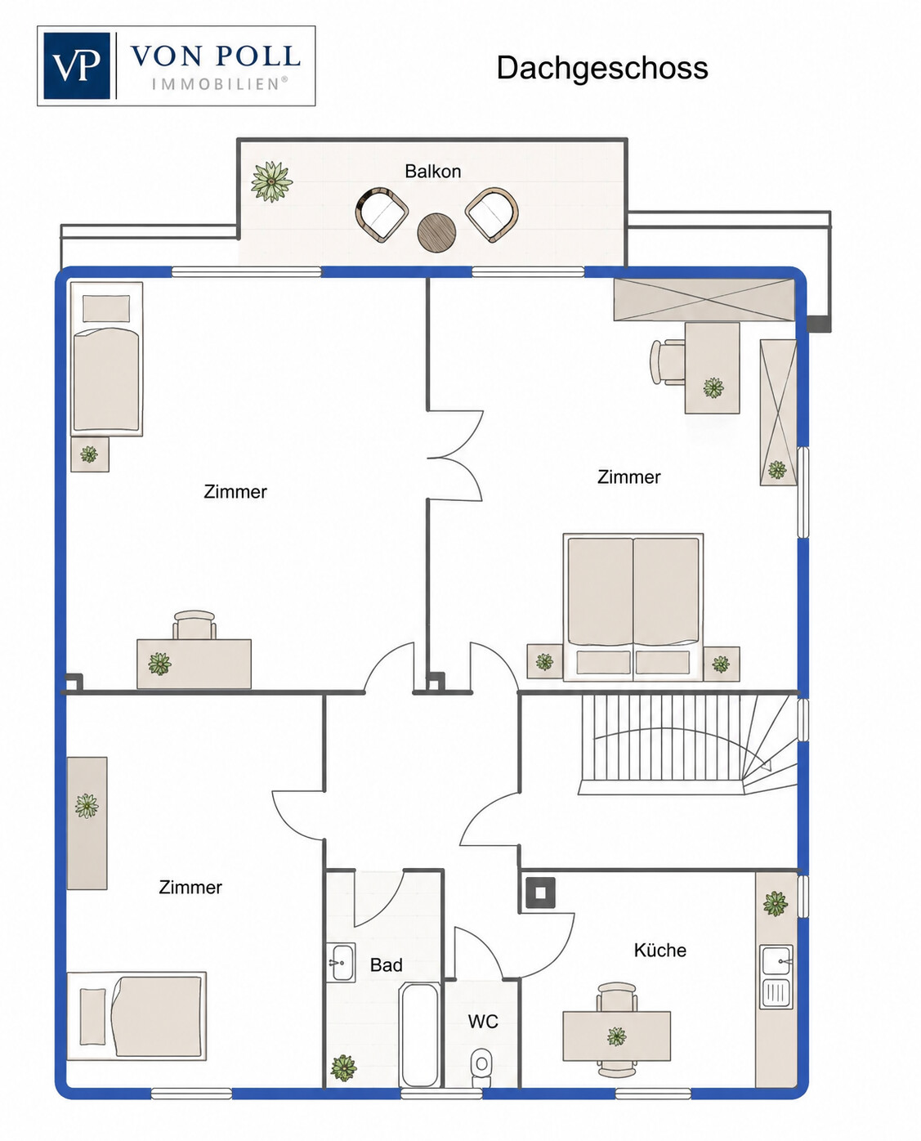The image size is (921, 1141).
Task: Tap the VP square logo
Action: coord(77,65)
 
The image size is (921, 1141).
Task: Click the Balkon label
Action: coord(432,172)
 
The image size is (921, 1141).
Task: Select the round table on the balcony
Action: coord(436,232)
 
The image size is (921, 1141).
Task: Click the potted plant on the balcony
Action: coord(271,181)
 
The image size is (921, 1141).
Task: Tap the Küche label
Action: coord(659,951)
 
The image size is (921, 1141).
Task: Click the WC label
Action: coord(483,1022)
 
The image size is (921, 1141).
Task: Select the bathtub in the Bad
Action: coord(420,1035)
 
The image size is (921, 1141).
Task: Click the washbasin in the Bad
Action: coord(341,963)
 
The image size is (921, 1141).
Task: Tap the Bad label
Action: coord(386,965)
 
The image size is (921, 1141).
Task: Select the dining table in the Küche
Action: coord(616,1036)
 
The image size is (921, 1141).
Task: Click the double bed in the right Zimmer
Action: coord(633,607)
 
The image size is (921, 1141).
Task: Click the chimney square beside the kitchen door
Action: coord(540,893)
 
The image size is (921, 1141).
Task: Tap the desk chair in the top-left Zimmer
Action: coord(194,625)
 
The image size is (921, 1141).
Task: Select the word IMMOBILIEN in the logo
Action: coord(220,84)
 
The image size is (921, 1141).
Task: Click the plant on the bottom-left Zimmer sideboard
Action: coord(87,806)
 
